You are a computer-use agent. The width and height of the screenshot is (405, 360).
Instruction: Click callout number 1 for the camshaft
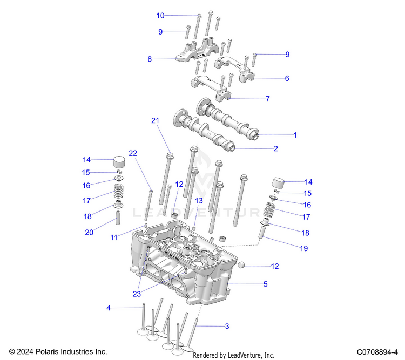295,134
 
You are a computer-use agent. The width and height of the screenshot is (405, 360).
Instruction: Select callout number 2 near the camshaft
275,148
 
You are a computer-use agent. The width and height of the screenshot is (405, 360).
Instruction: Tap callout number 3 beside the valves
227,326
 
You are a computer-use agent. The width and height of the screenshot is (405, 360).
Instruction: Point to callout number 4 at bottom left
109,308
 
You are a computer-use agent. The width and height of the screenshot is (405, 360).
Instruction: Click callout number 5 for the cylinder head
265,283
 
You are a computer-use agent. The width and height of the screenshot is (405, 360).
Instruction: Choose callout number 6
287,78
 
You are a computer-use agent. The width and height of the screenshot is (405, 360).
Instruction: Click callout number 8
150,59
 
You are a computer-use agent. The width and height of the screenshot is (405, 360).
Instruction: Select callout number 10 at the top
160,15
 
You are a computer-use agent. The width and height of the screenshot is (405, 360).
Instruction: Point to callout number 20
89,233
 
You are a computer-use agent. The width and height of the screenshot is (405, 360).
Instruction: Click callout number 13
199,200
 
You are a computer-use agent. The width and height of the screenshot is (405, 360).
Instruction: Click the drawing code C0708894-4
377,351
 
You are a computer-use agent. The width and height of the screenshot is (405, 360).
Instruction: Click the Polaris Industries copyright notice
58,351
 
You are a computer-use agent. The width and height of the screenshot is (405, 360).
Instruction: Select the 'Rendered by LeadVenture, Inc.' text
234,355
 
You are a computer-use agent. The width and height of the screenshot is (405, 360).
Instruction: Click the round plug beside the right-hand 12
244,265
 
